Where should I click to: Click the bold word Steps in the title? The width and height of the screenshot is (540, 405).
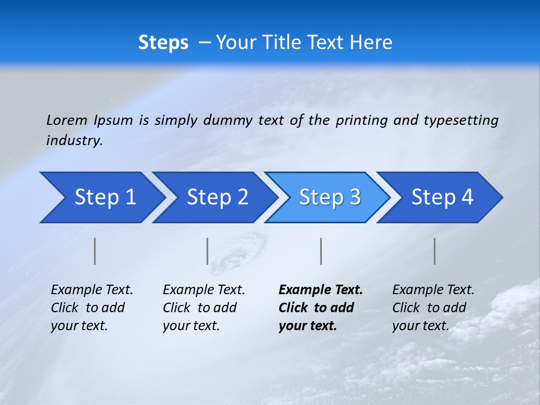[x=163, y=42]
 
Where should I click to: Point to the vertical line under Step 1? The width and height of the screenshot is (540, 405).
[x=95, y=251]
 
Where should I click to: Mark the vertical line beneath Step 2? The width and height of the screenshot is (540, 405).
[x=208, y=251]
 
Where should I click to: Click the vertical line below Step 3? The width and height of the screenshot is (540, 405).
[x=321, y=251]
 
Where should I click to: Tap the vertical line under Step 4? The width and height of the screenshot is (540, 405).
[x=434, y=251]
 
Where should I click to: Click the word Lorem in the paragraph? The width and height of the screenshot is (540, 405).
[x=67, y=120]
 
